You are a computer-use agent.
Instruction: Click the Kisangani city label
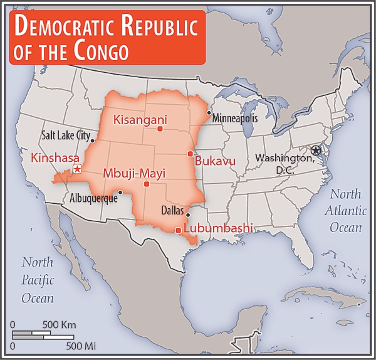tap(137, 119)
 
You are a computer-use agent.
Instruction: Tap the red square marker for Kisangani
tap(160, 129)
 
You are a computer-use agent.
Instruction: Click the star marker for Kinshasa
tap(77, 169)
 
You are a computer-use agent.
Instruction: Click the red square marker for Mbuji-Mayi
tap(146, 184)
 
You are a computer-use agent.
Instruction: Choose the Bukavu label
tap(215, 162)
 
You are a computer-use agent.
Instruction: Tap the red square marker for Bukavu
tap(190, 154)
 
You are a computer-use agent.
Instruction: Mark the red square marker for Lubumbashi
tap(179, 230)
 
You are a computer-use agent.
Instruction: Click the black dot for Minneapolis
tap(209, 113)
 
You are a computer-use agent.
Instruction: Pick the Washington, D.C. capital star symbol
tap(315, 150)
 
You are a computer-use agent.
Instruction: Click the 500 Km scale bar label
tap(59, 325)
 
